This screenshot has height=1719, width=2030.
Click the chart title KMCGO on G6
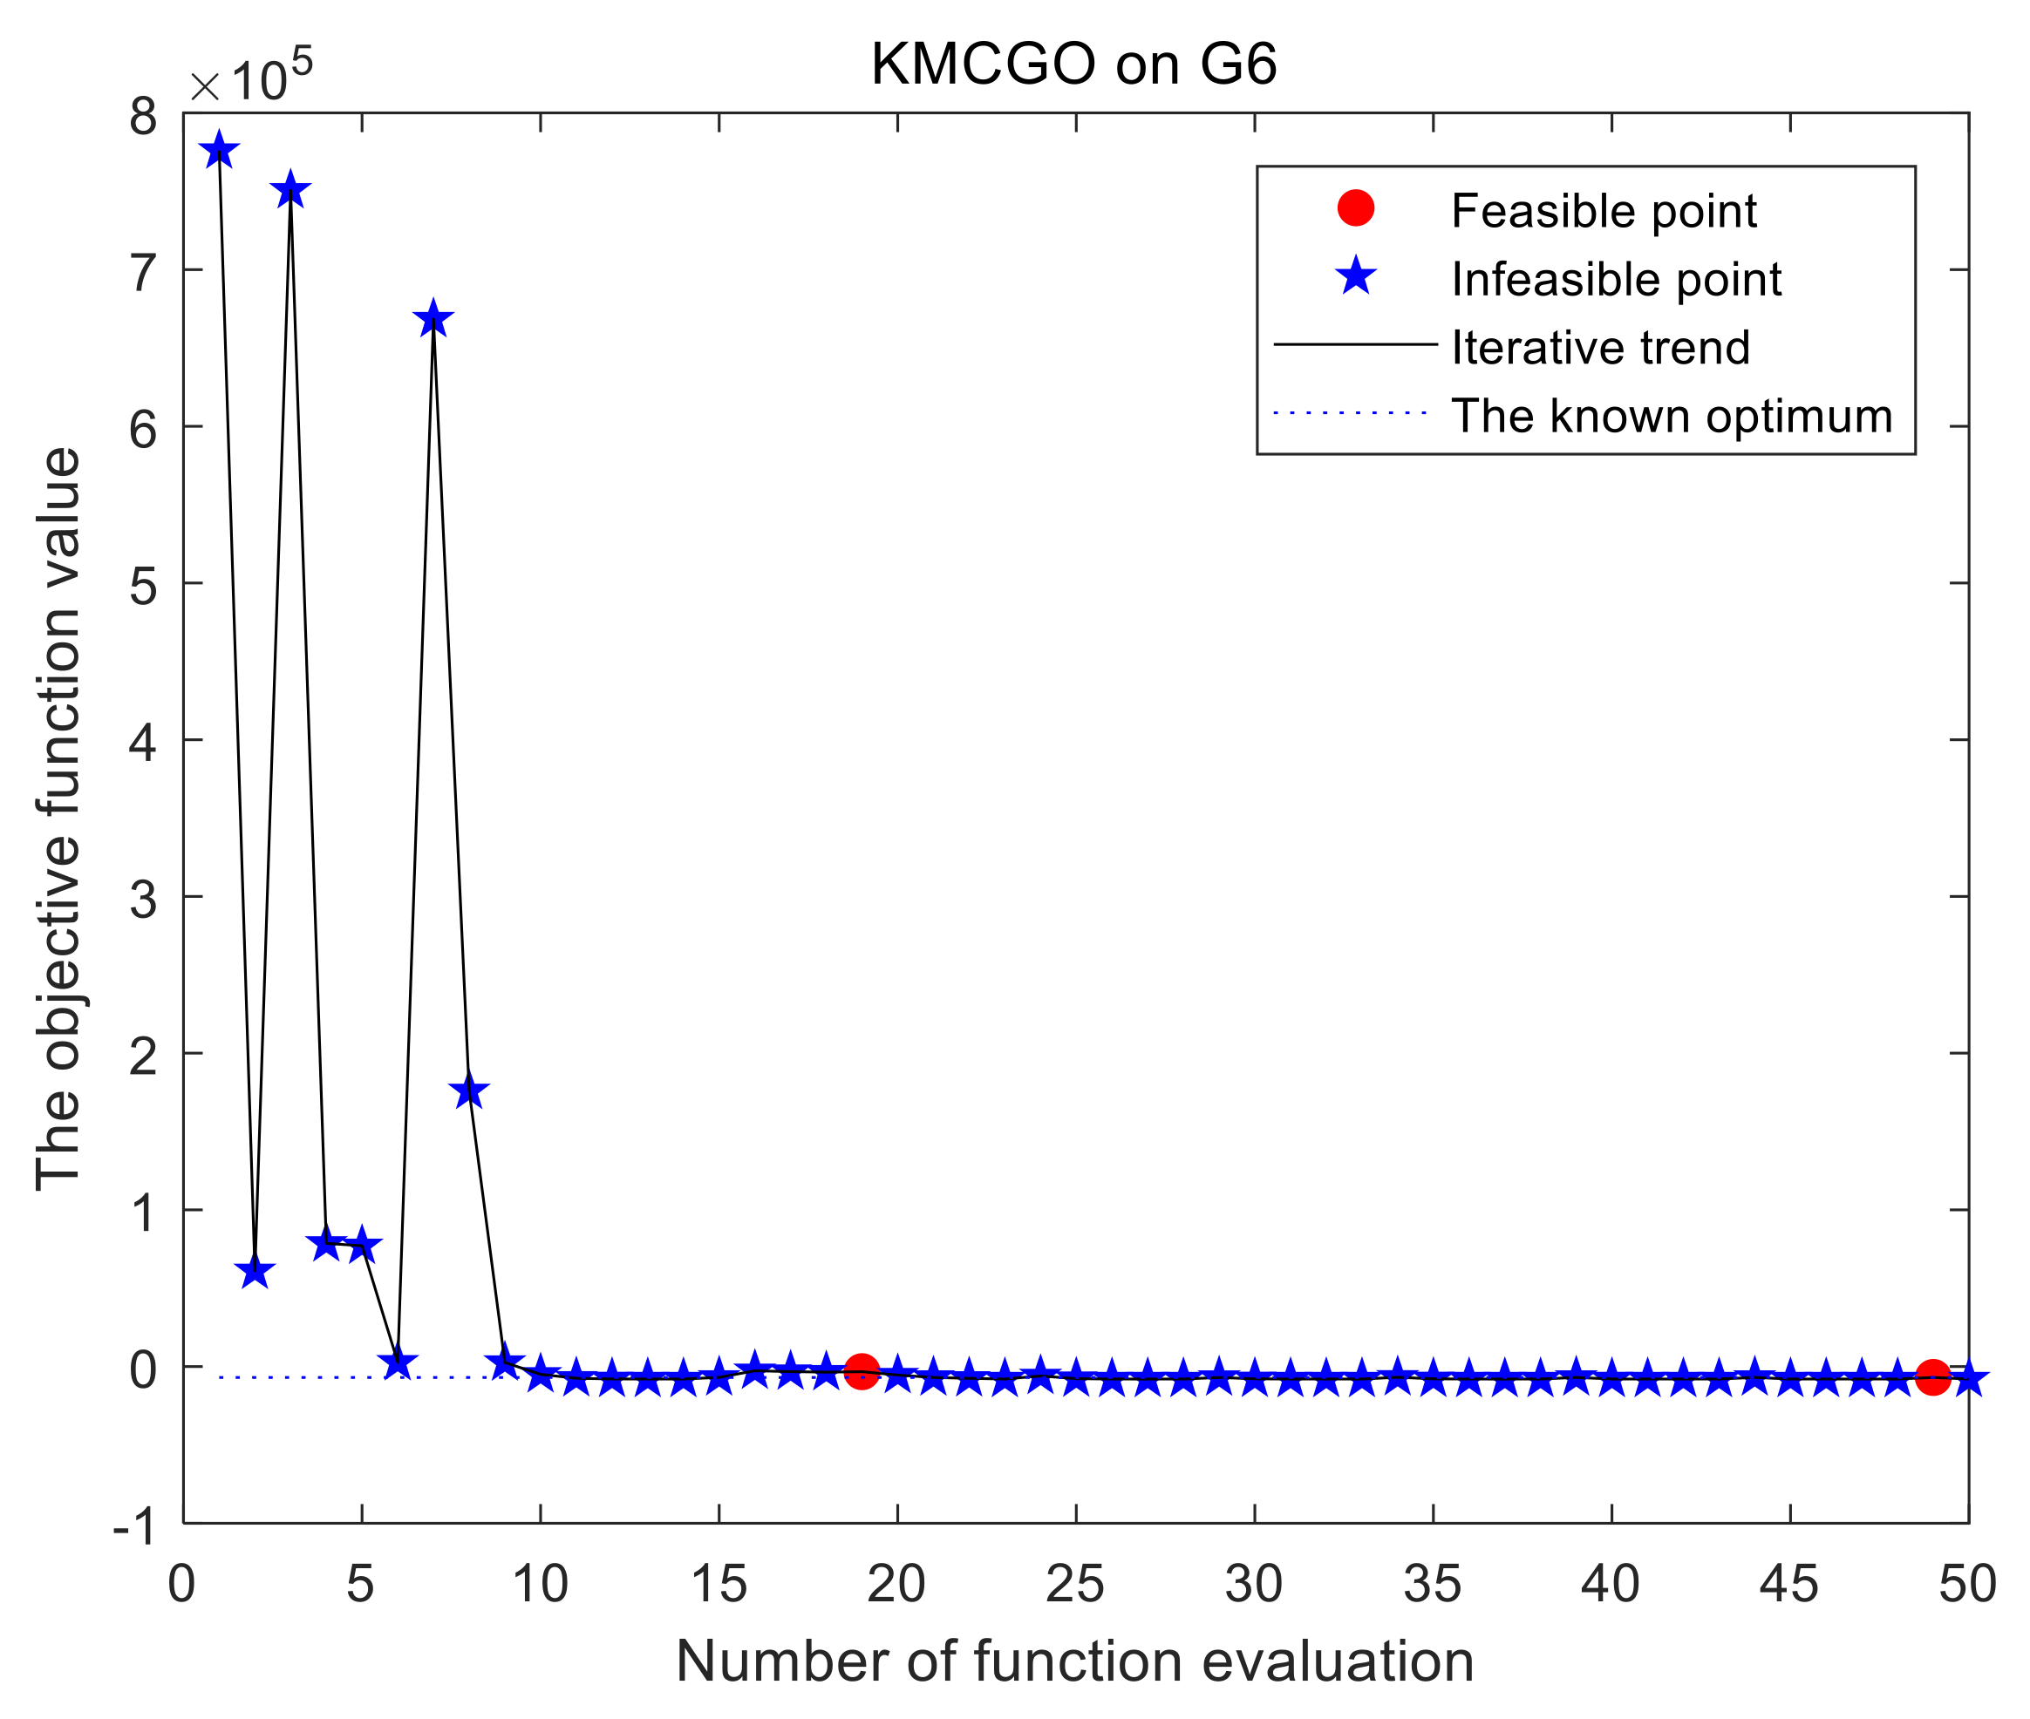tap(1073, 65)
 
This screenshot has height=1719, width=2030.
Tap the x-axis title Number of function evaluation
tap(1074, 1661)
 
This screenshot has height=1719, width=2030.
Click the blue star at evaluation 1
tap(219, 151)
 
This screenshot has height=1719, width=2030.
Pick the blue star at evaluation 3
tap(290, 191)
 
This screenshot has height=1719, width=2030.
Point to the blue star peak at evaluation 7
tap(433, 320)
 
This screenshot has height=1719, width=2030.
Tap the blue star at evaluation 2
tap(255, 1272)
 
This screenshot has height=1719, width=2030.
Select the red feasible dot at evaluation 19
tap(862, 1372)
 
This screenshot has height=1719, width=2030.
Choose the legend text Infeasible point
tap(1615, 280)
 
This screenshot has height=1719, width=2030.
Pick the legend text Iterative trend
tap(1599, 348)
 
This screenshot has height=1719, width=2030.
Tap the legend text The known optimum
tap(1671, 416)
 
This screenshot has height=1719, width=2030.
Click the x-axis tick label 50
tap(1966, 1584)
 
